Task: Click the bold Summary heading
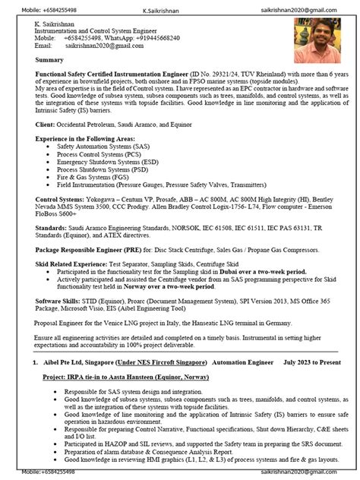click(x=49, y=59)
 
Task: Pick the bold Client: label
click(x=45, y=123)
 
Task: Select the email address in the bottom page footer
click(x=305, y=473)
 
